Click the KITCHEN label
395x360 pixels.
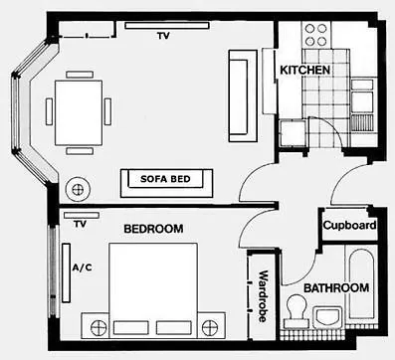(x=303, y=71)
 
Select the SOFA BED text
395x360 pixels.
(x=168, y=180)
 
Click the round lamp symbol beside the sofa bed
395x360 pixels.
(x=77, y=188)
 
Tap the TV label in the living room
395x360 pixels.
(x=162, y=36)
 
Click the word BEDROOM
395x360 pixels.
(x=153, y=229)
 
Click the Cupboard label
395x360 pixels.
(x=349, y=227)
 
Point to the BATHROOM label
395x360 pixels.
(x=336, y=288)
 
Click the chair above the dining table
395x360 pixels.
(x=78, y=73)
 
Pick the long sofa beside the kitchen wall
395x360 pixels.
(x=240, y=95)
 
